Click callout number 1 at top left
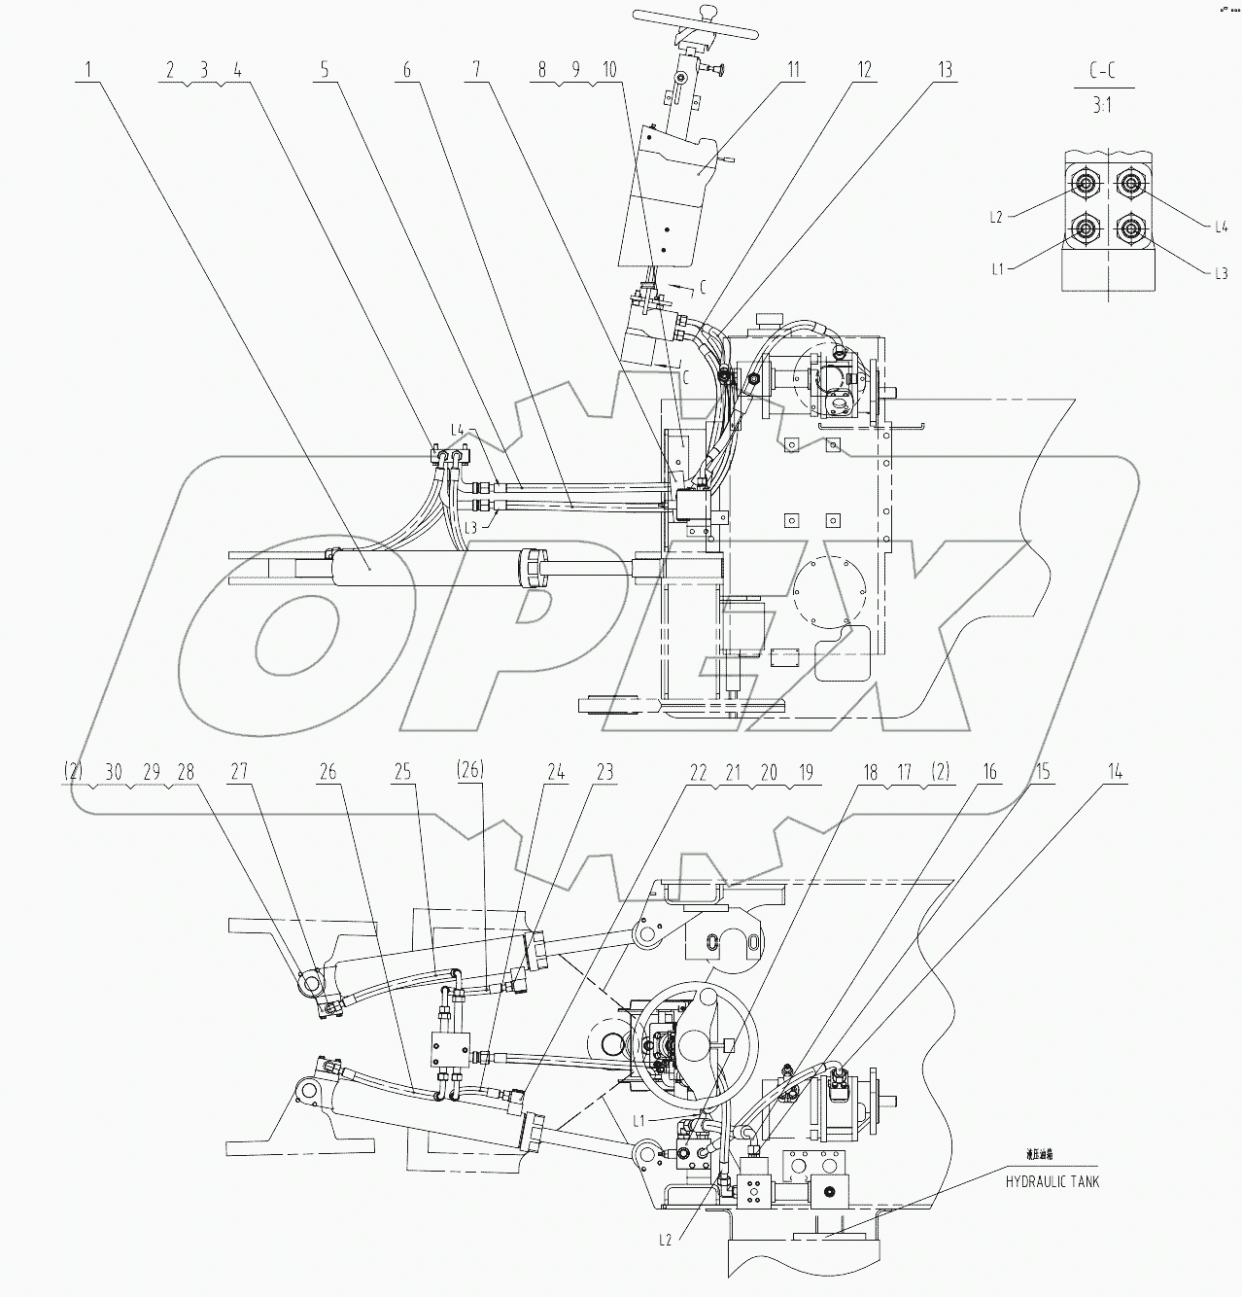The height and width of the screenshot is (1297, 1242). [x=88, y=70]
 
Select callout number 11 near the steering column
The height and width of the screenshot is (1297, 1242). [x=793, y=70]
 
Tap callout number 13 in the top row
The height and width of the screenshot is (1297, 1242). [x=945, y=70]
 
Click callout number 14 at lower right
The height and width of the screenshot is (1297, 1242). [x=1116, y=772]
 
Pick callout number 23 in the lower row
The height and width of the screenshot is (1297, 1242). [x=604, y=772]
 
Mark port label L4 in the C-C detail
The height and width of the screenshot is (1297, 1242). [x=1222, y=227]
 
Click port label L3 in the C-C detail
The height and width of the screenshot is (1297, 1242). [x=1222, y=274]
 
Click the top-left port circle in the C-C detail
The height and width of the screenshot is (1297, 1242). [x=1084, y=182]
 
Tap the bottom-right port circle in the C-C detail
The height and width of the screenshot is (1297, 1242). [x=1129, y=229]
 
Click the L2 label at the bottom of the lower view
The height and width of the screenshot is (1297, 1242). [x=665, y=1240]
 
